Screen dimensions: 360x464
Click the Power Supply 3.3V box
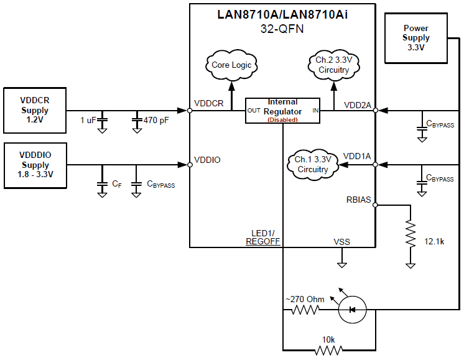[x=416, y=38]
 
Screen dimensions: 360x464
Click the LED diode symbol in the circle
[x=352, y=309]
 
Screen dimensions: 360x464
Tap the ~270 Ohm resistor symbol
[x=305, y=310]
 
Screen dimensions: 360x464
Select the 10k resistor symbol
[x=329, y=350]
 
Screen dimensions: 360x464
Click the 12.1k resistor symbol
[x=410, y=236]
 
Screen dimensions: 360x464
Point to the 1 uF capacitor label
[x=88, y=119]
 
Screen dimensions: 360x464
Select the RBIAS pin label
[x=358, y=200]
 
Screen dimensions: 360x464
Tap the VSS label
[x=341, y=242]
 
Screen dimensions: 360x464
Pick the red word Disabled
[x=282, y=119]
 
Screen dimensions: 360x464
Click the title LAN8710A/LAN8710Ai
[x=282, y=14]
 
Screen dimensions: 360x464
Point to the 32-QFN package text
[x=282, y=28]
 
